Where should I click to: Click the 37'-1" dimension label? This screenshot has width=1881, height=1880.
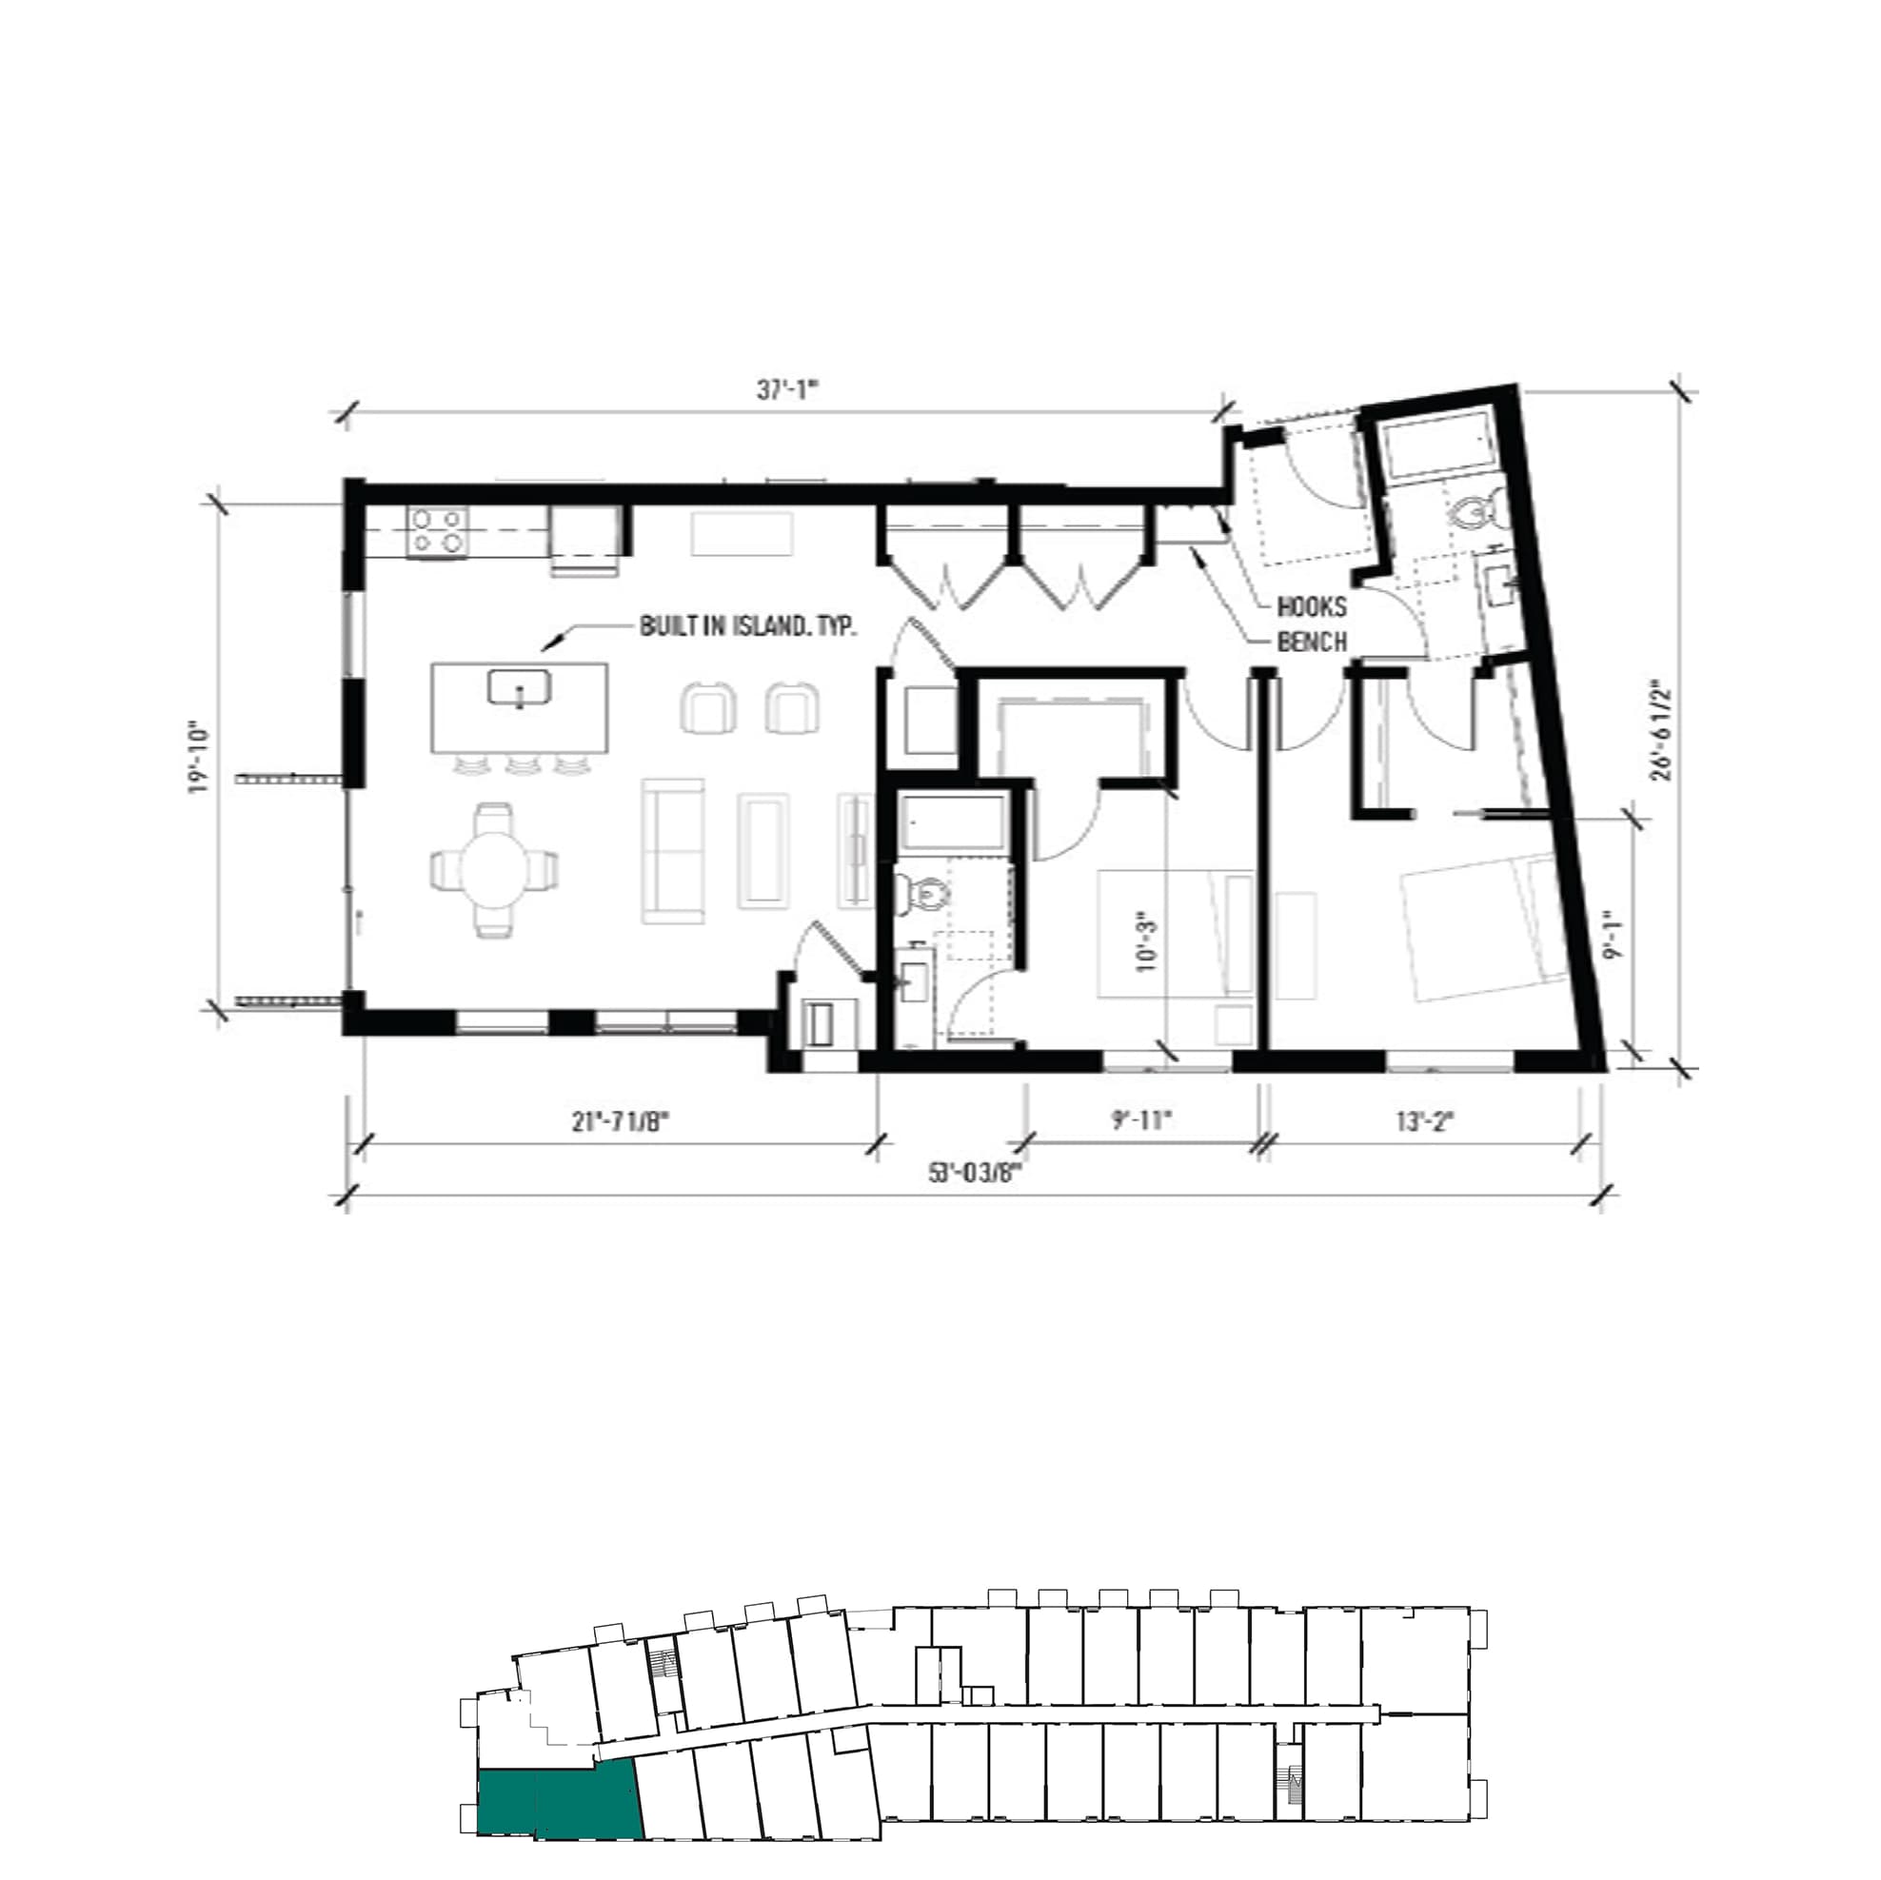pos(787,390)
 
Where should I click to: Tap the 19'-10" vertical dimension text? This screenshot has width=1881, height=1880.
pos(200,758)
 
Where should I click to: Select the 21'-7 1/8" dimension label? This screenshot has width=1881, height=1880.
pos(622,1121)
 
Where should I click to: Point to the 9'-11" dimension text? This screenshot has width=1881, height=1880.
pos(1142,1120)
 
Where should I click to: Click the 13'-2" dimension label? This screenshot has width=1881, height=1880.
pos(1424,1121)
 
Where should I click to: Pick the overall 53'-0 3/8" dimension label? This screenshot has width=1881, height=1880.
pos(975,1173)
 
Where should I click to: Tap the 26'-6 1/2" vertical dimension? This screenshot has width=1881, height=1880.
pos(1661,730)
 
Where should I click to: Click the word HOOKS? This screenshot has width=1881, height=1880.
pos(1312,606)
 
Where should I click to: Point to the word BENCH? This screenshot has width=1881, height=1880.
pos(1312,643)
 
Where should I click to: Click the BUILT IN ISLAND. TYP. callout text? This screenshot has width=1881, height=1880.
pos(747,626)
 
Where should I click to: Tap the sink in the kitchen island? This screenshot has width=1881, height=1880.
pos(519,687)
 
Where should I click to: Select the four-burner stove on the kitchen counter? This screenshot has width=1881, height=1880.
pos(437,531)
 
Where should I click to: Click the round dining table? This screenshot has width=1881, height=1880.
pos(495,868)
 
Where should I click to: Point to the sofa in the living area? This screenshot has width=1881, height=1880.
pos(673,851)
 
